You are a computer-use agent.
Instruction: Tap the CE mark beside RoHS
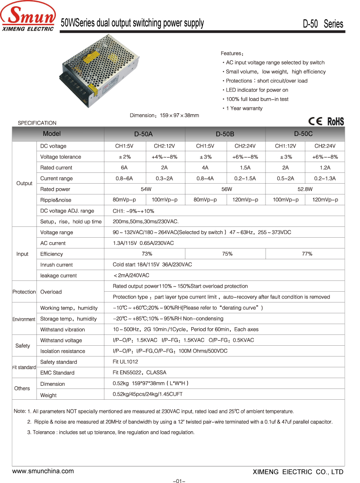point(315,121)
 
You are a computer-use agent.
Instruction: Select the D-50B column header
point(225,134)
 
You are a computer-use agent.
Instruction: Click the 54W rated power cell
point(146,189)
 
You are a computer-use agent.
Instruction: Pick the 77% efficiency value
point(307,254)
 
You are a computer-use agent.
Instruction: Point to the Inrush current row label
point(56,265)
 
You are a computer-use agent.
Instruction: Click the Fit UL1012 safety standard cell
point(126,362)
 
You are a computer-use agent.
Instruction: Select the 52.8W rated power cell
point(306,189)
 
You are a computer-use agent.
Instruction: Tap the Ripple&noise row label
point(56,200)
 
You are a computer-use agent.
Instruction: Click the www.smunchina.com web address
point(43,471)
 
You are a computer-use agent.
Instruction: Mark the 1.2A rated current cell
point(325,167)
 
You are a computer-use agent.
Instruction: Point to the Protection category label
point(24,292)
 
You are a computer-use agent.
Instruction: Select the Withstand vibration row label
point(63,330)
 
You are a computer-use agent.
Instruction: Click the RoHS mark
point(335,121)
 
